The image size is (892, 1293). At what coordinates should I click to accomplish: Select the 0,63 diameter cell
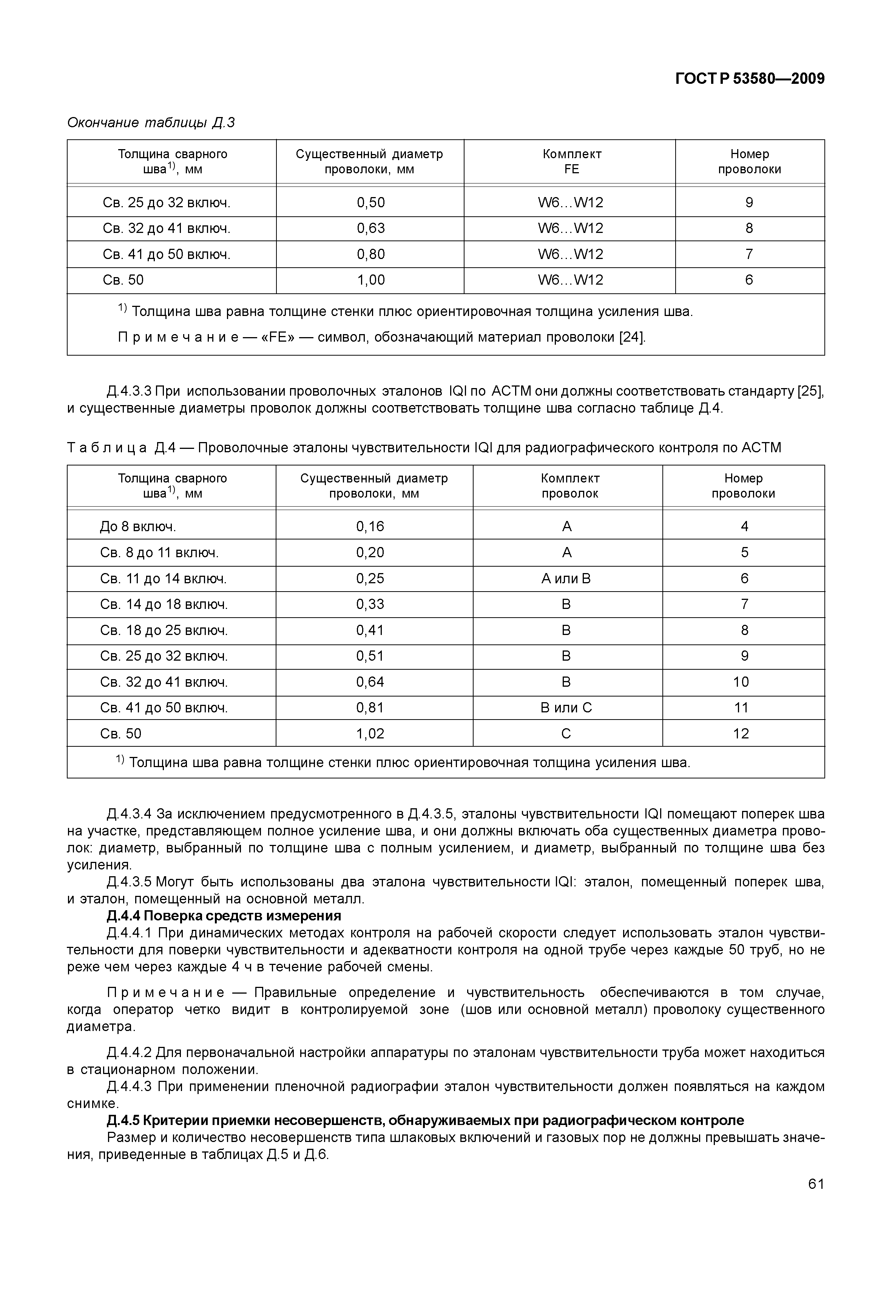(370, 228)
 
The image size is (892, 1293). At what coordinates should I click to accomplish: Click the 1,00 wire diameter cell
(370, 280)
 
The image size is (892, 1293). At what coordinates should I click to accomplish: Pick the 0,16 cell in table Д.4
(370, 526)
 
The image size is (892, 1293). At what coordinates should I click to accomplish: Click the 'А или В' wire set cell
(566, 578)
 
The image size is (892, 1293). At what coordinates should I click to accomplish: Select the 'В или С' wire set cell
(566, 708)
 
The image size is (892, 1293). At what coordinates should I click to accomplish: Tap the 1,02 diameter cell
(370, 734)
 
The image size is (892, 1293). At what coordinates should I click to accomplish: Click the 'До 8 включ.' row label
(138, 526)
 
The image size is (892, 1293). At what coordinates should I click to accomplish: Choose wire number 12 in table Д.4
(741, 734)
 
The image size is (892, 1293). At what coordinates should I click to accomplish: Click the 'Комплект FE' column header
(571, 162)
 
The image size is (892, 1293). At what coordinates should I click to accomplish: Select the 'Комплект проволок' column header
(569, 485)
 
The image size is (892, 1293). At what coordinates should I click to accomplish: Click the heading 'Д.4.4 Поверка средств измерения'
(224, 915)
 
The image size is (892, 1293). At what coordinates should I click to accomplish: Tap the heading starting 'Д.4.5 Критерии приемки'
(425, 1120)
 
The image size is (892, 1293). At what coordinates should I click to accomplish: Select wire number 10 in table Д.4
(741, 682)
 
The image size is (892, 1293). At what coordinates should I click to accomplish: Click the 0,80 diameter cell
(370, 254)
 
